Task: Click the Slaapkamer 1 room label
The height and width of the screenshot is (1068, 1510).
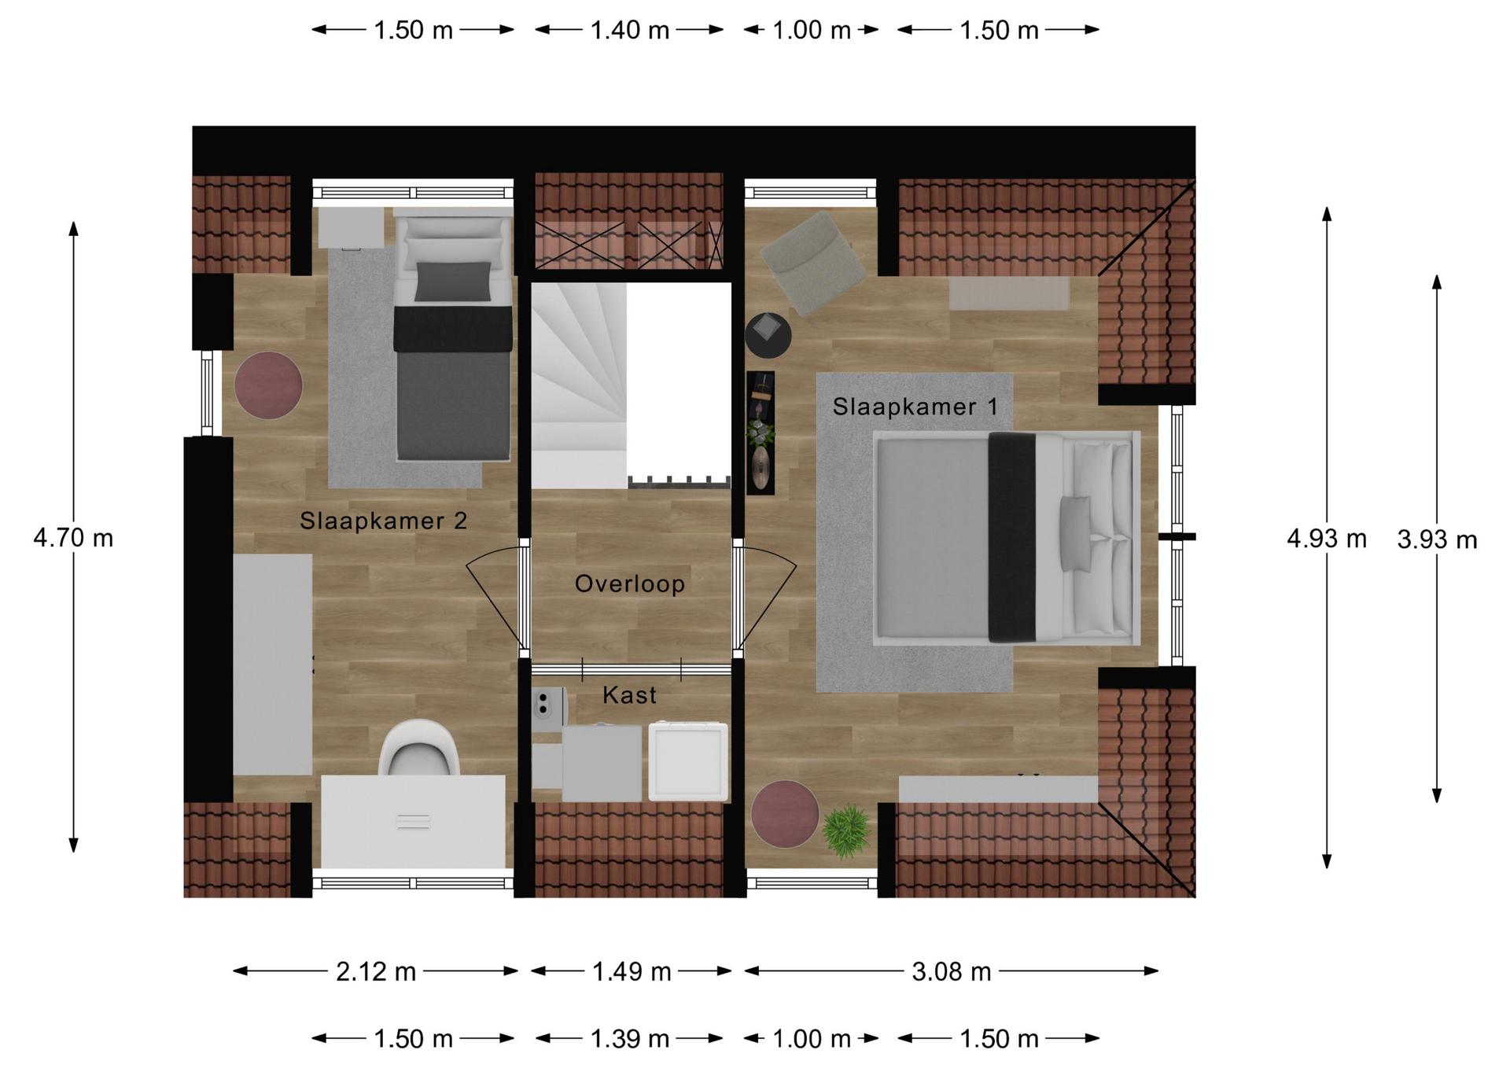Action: pos(915,407)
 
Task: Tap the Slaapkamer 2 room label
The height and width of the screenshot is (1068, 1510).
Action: pos(384,521)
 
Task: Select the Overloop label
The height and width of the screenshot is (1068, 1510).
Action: pos(630,584)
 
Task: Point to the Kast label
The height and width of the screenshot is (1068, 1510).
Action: pos(629,695)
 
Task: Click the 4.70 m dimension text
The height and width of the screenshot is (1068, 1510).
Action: pos(73,538)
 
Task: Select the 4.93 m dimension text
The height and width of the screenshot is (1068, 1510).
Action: pos(1327,539)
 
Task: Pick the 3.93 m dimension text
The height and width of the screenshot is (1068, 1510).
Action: pos(1437,540)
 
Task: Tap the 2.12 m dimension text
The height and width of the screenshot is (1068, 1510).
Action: pos(376,972)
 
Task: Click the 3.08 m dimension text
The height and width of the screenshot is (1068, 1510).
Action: pos(952,972)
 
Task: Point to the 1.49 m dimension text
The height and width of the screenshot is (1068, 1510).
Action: pos(632,972)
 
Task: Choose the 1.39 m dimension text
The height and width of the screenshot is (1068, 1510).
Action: pos(630,1039)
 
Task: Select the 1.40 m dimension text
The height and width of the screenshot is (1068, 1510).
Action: pos(630,31)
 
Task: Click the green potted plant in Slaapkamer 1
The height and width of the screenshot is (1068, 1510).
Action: pos(847,830)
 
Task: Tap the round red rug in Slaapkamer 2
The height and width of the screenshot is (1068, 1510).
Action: pos(268,385)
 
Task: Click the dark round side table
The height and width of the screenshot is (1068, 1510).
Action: pos(768,335)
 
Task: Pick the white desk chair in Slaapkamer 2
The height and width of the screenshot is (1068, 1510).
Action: pos(419,748)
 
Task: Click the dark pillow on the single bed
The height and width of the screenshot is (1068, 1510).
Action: pos(453,282)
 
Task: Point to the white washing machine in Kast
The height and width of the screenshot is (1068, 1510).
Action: pos(688,761)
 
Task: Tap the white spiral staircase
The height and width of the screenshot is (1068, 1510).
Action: pos(580,385)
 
